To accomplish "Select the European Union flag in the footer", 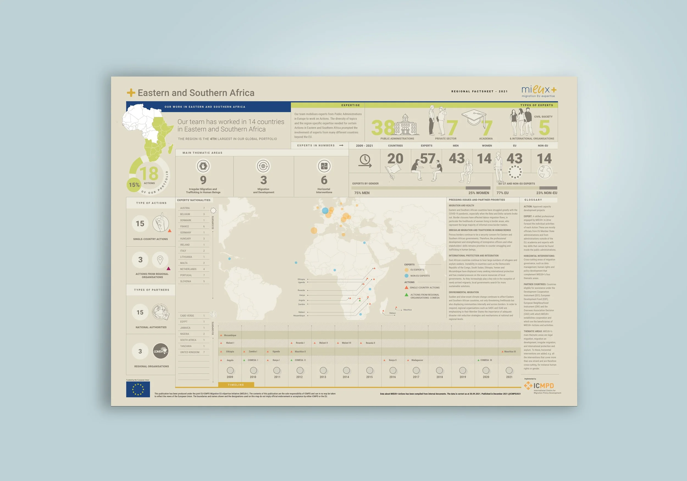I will coord(138,389).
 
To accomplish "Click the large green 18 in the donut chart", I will coord(149,173).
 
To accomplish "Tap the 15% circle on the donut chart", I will coord(134,185).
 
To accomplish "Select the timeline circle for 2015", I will coord(370,370).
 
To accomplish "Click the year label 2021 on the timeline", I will coord(509,377).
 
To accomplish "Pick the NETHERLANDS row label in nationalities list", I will coord(188,269).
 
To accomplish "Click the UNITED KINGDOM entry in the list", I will coord(190,352).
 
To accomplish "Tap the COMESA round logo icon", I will coord(161,351).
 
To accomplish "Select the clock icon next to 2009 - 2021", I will coord(365,161).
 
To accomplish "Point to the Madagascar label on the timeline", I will coord(417,360).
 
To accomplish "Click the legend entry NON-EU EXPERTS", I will coord(420,276).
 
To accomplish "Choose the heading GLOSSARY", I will coord(533,200).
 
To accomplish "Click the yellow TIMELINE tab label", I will coord(236,385).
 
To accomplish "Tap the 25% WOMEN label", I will coord(479,193).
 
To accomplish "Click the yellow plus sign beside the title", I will coord(131,93).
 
